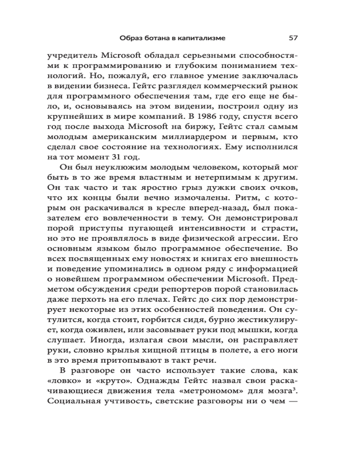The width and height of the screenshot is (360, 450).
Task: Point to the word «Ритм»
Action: (246, 198)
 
